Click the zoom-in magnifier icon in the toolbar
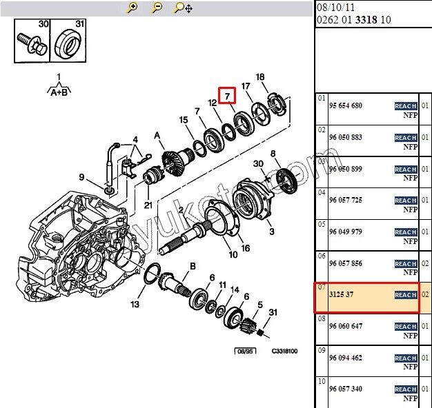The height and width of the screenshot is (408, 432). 132,8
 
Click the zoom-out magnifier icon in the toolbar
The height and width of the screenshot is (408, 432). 157,8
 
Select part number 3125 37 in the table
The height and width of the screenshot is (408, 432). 341,294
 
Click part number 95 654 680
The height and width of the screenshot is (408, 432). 346,105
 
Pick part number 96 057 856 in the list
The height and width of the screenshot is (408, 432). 346,263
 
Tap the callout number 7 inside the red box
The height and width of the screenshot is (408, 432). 227,96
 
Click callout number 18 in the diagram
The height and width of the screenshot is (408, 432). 260,77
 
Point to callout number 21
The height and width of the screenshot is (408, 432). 148,205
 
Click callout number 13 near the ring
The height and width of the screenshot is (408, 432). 135,304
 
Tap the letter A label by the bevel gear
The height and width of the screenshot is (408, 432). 157,135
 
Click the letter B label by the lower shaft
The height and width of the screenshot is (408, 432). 193,266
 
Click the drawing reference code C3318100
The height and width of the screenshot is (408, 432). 284,351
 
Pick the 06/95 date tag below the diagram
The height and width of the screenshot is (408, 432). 245,351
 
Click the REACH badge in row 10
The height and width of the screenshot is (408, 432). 406,389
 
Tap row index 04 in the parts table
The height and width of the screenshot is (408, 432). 322,192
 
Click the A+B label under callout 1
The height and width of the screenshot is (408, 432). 59,92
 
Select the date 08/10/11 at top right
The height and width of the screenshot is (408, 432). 335,7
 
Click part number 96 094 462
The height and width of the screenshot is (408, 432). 346,358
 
